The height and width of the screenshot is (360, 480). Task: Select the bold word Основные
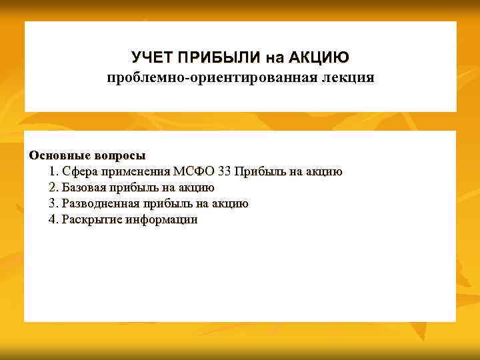click(59, 155)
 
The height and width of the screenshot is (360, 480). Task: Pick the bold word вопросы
click(119, 155)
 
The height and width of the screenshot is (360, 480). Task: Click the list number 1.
click(53, 171)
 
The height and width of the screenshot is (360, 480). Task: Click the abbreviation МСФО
click(193, 171)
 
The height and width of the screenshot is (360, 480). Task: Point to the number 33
click(225, 171)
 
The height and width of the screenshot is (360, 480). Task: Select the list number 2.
click(53, 187)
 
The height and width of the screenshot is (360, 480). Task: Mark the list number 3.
click(53, 203)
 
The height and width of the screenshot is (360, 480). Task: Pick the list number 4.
click(53, 219)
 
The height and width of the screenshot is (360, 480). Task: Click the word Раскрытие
click(89, 219)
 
